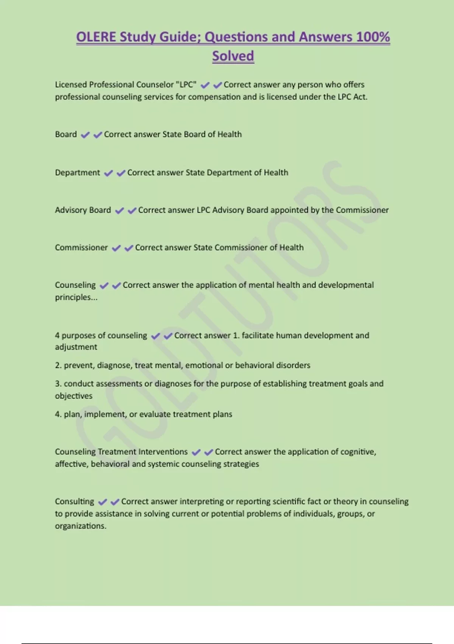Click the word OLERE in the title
96,37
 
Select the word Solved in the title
233,56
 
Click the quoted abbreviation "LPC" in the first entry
187,84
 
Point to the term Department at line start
77,173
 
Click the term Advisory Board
83,210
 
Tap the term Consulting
74,502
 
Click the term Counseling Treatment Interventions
121,452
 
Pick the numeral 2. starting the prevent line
58,366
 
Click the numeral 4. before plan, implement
58,414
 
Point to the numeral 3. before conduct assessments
58,384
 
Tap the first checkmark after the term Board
85,135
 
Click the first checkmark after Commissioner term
116,248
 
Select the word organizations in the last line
80,526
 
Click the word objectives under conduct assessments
73,396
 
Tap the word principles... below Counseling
76,297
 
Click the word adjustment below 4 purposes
76,347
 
